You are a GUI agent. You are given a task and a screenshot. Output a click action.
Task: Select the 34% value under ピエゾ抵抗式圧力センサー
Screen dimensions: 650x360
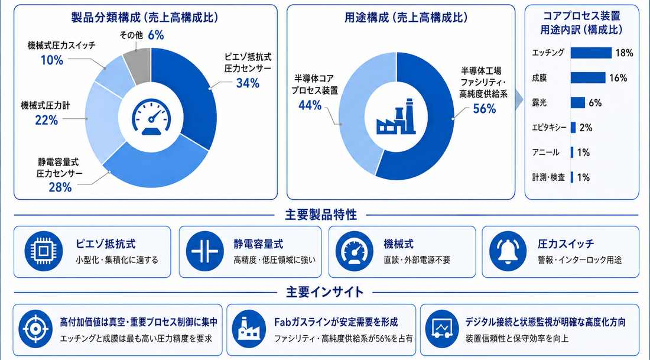click(248, 83)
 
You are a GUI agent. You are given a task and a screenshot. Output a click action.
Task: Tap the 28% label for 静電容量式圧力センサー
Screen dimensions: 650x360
click(60, 187)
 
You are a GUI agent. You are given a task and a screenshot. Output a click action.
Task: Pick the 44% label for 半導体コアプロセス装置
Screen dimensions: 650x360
click(310, 105)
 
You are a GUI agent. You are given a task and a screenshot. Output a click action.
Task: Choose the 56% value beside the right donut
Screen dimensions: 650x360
click(485, 109)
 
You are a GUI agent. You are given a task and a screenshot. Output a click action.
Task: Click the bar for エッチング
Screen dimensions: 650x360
click(591, 53)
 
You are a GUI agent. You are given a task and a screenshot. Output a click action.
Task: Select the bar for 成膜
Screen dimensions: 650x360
click(588, 77)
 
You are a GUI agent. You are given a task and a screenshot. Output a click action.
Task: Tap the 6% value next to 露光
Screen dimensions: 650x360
click(595, 103)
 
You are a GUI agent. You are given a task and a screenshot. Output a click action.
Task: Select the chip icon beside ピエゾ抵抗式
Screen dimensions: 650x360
click(44, 251)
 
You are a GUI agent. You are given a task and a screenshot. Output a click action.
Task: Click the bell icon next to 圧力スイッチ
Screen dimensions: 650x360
click(508, 251)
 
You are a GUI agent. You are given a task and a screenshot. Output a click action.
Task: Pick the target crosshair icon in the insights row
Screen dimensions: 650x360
click(35, 329)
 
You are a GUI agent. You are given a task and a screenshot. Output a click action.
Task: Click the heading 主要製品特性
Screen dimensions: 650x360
click(321, 215)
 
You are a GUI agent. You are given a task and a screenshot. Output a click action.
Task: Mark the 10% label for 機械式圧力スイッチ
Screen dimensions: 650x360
click(52, 60)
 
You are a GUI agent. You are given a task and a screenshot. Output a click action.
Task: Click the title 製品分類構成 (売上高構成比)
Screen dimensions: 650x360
click(145, 17)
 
